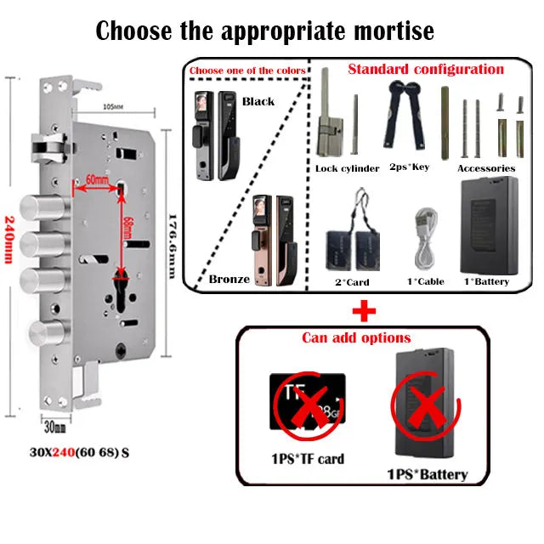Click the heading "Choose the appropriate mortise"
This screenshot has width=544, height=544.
tap(264, 31)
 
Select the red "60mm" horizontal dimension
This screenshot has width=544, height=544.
tap(98, 180)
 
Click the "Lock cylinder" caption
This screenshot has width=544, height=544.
tap(347, 168)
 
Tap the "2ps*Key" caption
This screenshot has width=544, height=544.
tap(409, 167)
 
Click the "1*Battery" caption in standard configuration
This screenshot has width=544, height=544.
tap(486, 280)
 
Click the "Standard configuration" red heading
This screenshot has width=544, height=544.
tap(426, 69)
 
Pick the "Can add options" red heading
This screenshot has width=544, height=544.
tap(356, 338)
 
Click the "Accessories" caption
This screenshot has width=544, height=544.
tap(486, 167)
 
